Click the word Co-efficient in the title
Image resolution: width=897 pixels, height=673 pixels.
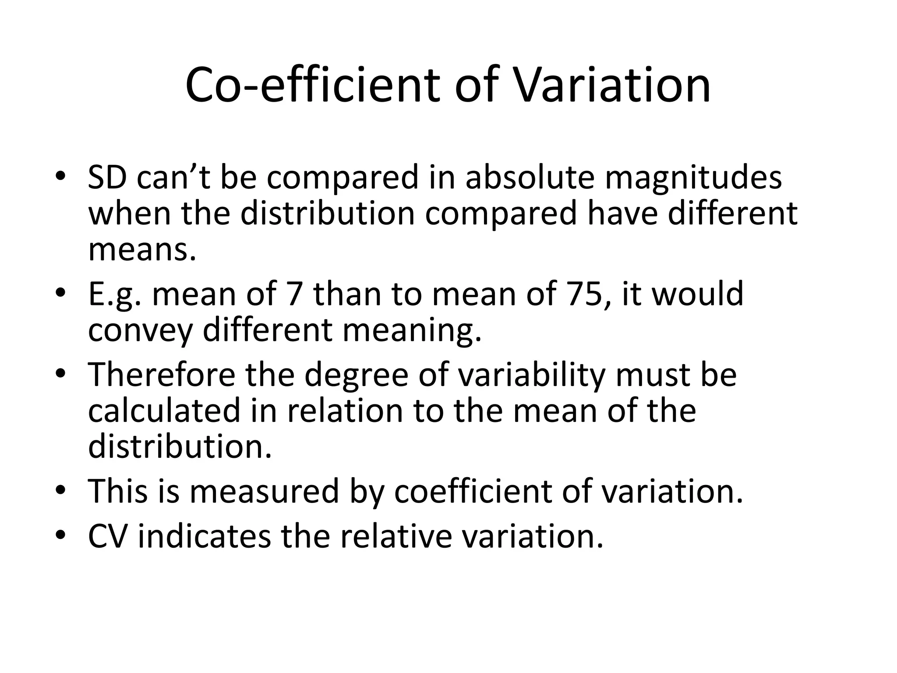(x=311, y=85)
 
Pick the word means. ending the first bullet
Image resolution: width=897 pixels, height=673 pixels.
(x=142, y=250)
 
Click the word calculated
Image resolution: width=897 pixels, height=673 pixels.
(x=164, y=411)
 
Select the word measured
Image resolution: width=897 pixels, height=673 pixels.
(x=265, y=492)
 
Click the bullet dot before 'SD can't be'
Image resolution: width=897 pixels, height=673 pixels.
(x=61, y=176)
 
